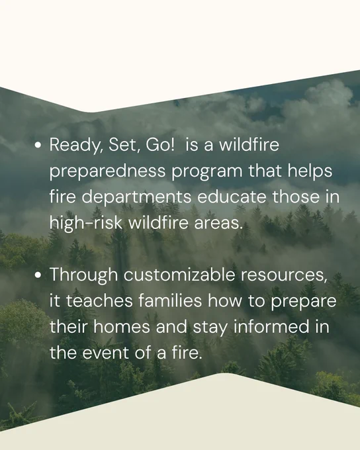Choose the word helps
(x=310, y=171)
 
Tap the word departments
(x=136, y=198)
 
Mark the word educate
(x=232, y=197)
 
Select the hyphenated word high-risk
(x=86, y=224)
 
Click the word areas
(x=218, y=224)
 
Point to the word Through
(x=84, y=275)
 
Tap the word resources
(x=284, y=275)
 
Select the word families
(x=170, y=300)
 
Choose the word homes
(x=122, y=327)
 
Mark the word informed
(x=271, y=327)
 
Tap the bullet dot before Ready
(x=38, y=145)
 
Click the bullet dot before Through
(x=38, y=275)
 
